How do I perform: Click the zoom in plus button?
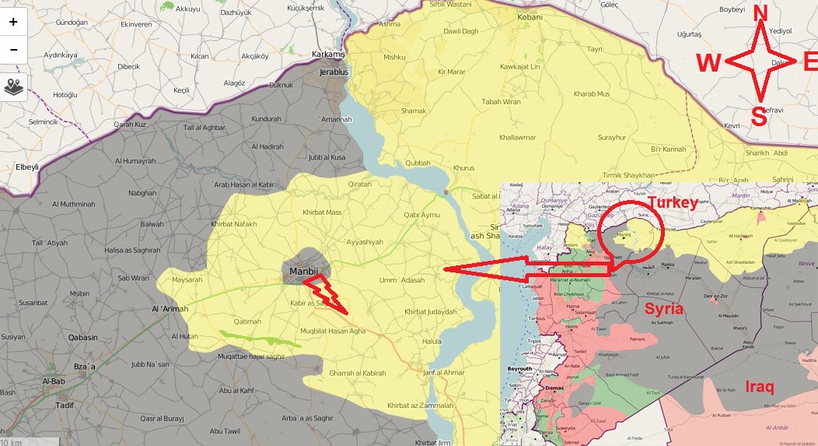(13, 22)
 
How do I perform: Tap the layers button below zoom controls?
(13, 86)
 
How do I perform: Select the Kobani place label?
(530, 16)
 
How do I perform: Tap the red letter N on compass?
(760, 13)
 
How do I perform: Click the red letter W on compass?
(710, 63)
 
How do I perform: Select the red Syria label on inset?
(664, 308)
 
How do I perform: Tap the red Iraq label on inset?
(760, 387)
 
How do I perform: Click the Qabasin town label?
(82, 337)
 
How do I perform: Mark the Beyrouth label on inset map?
(519, 368)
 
